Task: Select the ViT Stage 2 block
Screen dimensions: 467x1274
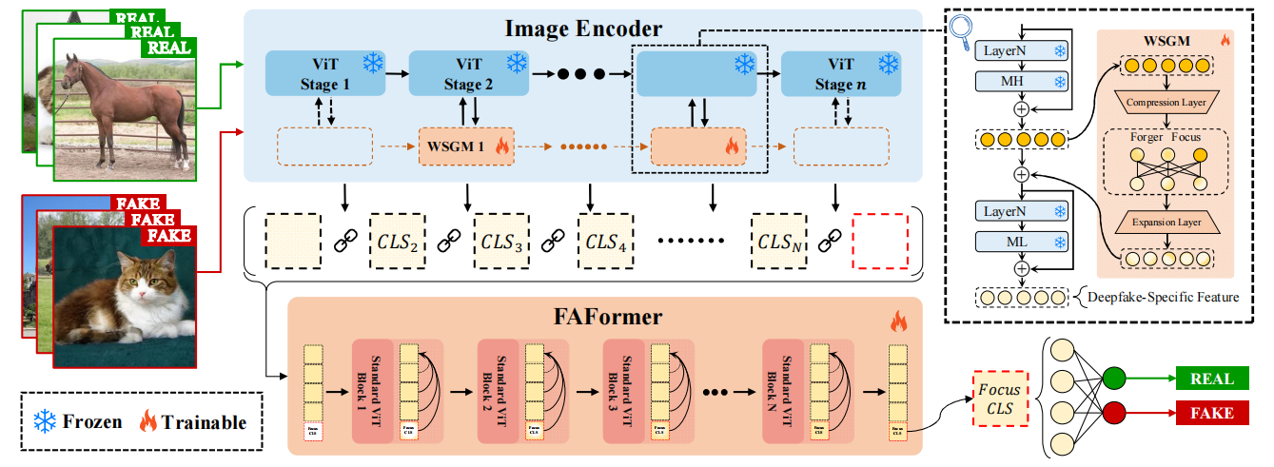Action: (x=468, y=73)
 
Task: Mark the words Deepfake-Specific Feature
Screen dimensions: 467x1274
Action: (x=1162, y=298)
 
